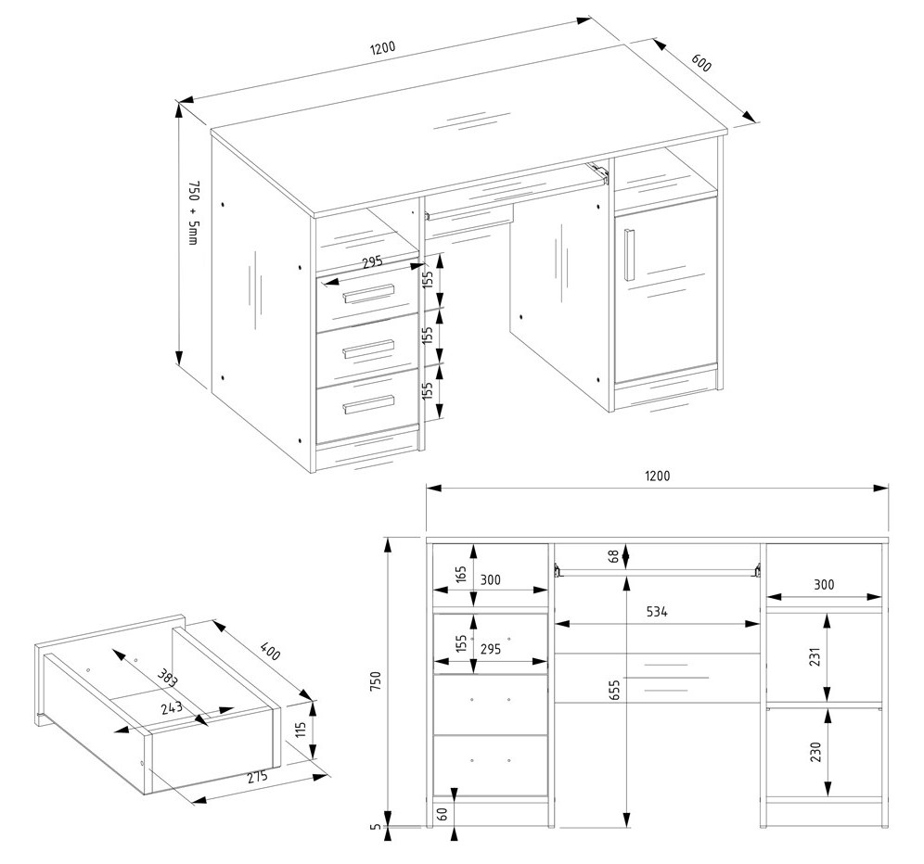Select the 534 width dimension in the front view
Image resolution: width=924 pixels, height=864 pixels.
pos(656,612)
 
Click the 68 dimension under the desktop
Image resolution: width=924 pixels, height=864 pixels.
pos(614,556)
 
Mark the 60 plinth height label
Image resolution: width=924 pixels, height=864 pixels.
pos(443,813)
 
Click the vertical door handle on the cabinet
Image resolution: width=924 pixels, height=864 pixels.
pos(628,252)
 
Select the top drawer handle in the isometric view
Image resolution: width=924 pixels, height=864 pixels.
pos(369,294)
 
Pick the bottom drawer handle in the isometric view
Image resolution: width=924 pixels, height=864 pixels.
pos(369,403)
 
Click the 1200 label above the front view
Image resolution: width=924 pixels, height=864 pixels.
pos(657,476)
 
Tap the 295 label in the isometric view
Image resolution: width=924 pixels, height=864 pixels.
pos(372,263)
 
